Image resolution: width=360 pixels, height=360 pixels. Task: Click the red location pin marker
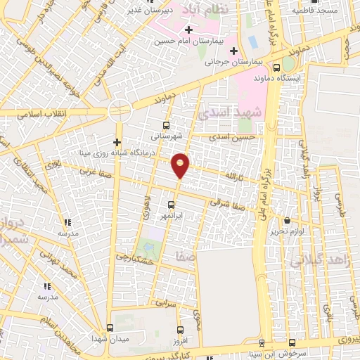181,165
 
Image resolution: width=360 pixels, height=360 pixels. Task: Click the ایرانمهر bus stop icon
172,204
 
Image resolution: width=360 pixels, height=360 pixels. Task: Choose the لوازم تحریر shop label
285,231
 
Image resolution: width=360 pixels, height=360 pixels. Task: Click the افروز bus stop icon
181,328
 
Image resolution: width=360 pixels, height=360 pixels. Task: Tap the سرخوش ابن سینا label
296,353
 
